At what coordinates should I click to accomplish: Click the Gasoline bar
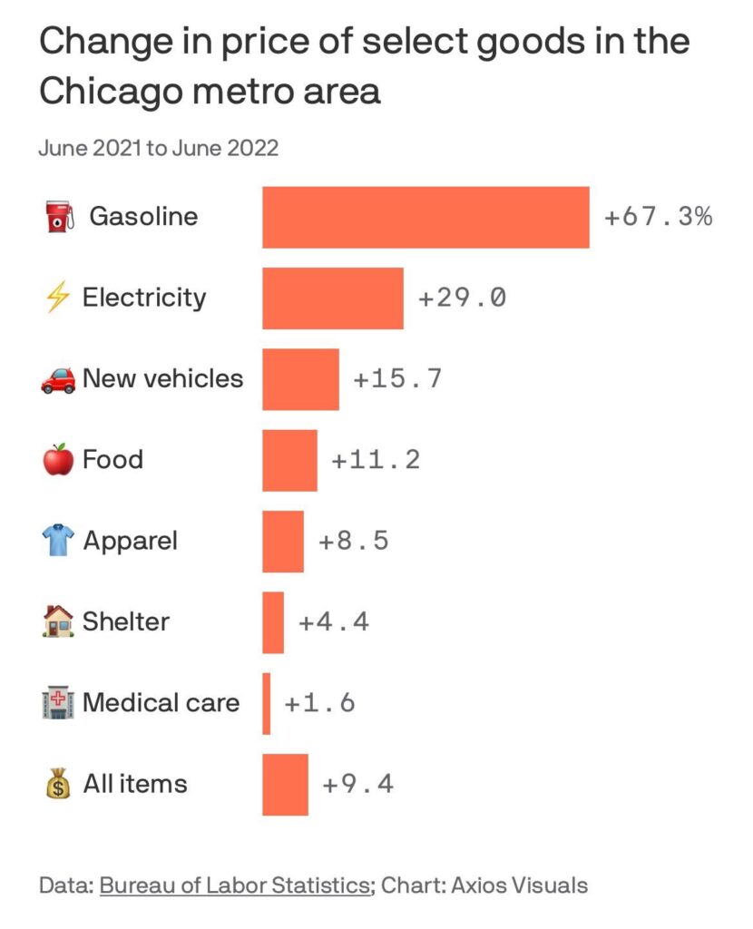pyautogui.click(x=425, y=218)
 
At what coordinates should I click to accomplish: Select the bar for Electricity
pyautogui.click(x=333, y=298)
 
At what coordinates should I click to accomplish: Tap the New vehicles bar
pyautogui.click(x=300, y=379)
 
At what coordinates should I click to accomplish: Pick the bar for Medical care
pyautogui.click(x=267, y=703)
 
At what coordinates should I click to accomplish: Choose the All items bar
pyautogui.click(x=285, y=785)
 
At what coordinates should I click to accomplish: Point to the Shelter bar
pyautogui.click(x=273, y=622)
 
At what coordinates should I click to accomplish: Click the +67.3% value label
pyautogui.click(x=659, y=218)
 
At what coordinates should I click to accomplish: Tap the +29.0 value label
pyautogui.click(x=462, y=298)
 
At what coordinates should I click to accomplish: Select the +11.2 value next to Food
pyautogui.click(x=376, y=460)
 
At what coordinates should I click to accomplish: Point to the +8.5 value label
pyautogui.click(x=354, y=542)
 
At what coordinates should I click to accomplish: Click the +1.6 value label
pyautogui.click(x=319, y=703)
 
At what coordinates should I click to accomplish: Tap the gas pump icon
pyautogui.click(x=58, y=218)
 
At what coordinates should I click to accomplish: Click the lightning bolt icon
pyautogui.click(x=57, y=298)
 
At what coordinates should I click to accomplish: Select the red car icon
pyautogui.click(x=58, y=380)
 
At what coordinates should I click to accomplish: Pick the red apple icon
pyautogui.click(x=57, y=460)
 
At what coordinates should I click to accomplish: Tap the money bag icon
pyautogui.click(x=57, y=784)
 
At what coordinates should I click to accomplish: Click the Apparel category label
pyautogui.click(x=130, y=542)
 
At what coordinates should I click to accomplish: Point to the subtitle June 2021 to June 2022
pyautogui.click(x=158, y=148)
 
